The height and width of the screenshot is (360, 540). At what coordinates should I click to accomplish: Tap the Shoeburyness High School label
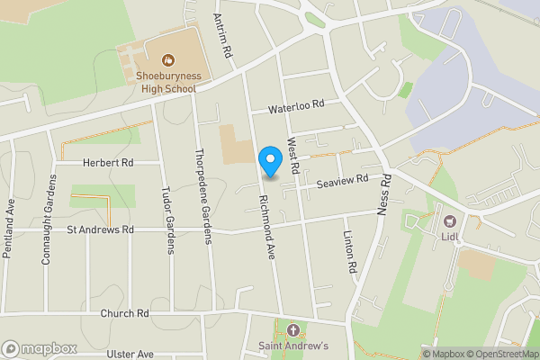[167, 84]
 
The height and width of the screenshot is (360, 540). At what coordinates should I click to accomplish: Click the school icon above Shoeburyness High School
[167, 60]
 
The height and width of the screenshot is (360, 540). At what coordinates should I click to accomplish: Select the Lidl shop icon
[447, 220]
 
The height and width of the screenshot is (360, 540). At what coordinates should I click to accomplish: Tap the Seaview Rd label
[343, 181]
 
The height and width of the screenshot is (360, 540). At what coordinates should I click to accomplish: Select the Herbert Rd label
[107, 162]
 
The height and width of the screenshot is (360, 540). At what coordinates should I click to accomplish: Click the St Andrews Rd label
[100, 230]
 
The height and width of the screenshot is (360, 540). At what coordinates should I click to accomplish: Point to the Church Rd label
[124, 313]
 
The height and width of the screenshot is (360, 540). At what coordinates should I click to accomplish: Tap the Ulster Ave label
[130, 355]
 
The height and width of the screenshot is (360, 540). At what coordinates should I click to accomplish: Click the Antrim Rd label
[221, 35]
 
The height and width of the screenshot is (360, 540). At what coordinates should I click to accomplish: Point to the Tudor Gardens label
[167, 222]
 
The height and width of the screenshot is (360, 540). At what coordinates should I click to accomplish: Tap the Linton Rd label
[350, 251]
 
